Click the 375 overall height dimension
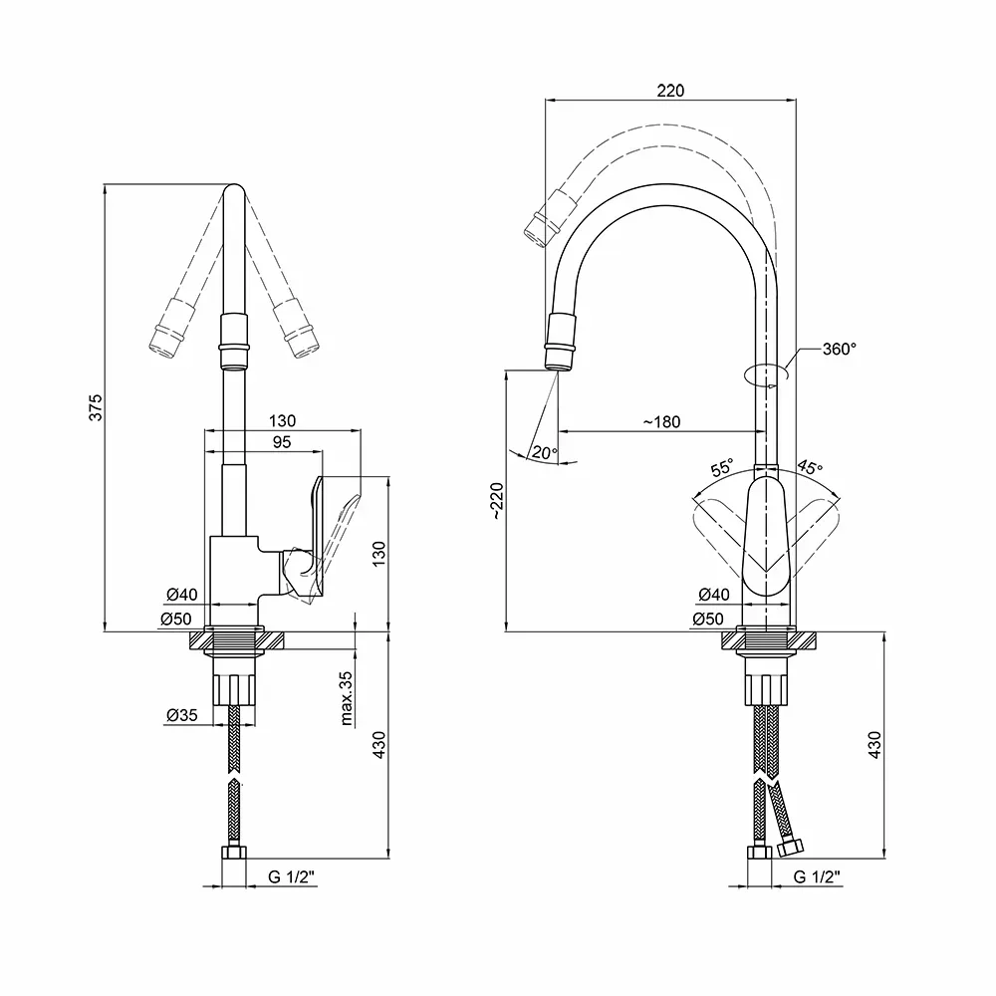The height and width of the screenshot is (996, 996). coord(96,407)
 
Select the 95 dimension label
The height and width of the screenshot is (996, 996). coord(282,442)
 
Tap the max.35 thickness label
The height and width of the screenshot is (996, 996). coord(347,698)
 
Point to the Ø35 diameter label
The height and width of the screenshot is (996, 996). coord(181,715)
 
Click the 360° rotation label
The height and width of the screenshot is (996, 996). coord(839,349)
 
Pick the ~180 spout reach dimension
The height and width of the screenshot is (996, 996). coord(661,421)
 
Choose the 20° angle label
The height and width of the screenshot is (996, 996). coord(545,453)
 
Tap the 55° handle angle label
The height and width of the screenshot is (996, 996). coord(722,468)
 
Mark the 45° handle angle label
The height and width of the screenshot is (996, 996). coord(810,467)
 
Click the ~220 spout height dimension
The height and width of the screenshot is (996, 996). coord(497,501)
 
